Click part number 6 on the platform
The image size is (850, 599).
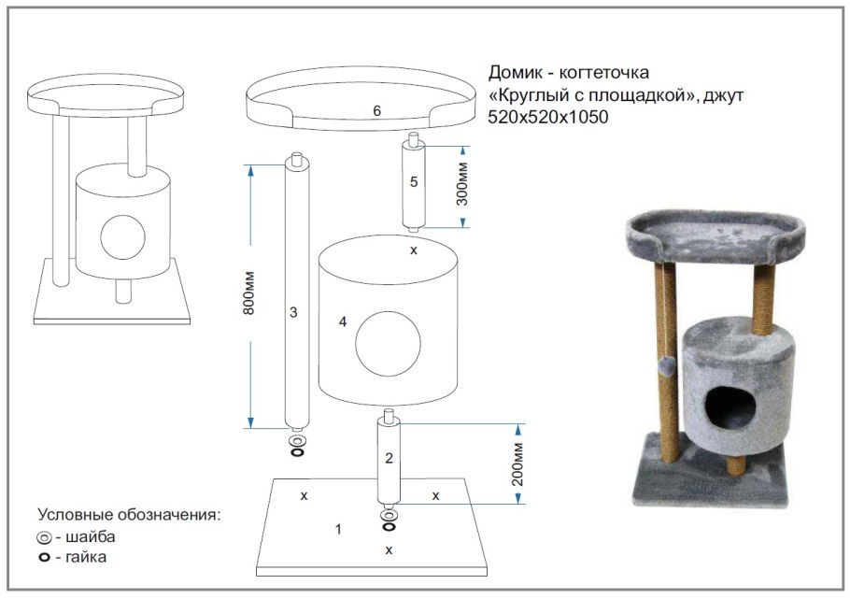(x=376, y=111)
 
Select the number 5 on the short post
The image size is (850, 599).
(x=413, y=181)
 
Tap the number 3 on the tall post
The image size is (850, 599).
(x=293, y=312)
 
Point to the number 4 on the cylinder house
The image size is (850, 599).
(x=343, y=321)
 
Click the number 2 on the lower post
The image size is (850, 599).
(x=390, y=458)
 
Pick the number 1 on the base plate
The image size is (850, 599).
(x=338, y=529)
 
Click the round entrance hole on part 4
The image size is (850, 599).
(x=386, y=344)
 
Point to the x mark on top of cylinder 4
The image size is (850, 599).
(x=414, y=250)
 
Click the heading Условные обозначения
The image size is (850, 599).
(x=129, y=515)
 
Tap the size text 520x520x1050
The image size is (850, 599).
(x=547, y=117)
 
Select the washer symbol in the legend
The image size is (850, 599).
(x=44, y=538)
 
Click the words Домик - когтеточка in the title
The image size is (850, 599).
(x=568, y=73)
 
